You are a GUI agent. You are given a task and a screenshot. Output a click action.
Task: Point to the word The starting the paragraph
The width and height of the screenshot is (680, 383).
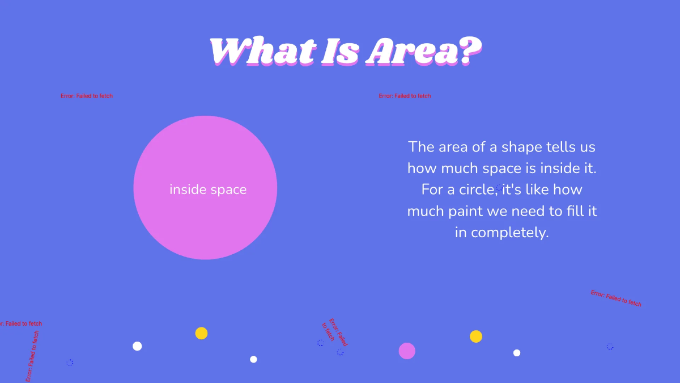421,147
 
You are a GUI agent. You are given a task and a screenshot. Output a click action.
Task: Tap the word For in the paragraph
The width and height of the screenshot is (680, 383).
433,190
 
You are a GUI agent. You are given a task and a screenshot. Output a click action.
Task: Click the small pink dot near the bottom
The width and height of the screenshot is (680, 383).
407,351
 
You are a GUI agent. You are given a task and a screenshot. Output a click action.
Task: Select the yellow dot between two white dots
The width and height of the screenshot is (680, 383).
201,333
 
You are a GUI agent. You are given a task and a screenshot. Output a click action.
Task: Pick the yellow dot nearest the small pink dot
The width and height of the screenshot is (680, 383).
476,336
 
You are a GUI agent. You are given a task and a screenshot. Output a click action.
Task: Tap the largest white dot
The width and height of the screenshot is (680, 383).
137,346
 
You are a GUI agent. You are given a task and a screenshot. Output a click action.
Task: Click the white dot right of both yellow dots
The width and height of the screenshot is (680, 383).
517,353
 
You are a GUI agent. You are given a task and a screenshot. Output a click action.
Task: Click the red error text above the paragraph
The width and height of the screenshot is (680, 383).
405,96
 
